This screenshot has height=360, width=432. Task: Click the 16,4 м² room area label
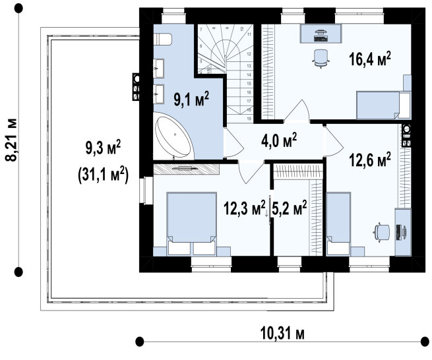click(370, 59)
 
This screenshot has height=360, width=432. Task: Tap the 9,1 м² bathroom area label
click(191, 99)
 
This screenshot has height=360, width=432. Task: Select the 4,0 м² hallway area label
click(279, 140)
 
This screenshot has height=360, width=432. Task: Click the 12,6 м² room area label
click(370, 160)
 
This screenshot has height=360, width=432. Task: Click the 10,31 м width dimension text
click(282, 334)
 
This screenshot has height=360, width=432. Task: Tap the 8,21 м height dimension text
click(12, 140)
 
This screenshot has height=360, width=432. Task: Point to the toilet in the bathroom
click(162, 39)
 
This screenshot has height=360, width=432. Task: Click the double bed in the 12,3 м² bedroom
click(191, 224)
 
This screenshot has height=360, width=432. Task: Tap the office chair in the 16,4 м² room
click(321, 58)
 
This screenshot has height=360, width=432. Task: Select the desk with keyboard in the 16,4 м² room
click(321, 34)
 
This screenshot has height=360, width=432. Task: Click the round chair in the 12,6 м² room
click(382, 232)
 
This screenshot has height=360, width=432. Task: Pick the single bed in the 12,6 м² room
click(338, 224)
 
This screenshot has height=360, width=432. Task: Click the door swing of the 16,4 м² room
click(297, 111)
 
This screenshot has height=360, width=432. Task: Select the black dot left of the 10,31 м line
click(140, 342)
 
